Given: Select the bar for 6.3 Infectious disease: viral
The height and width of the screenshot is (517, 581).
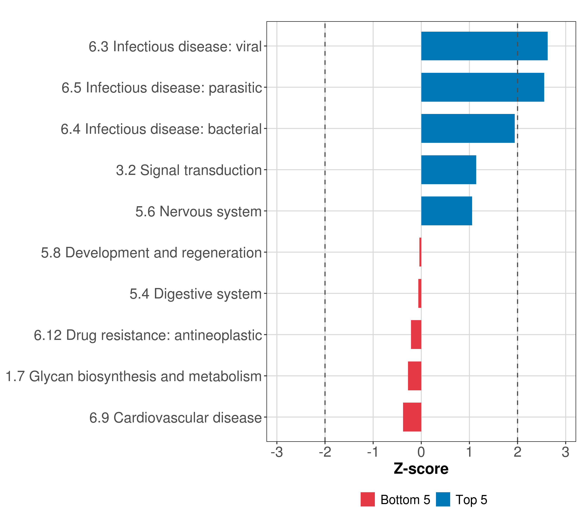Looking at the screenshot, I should click(x=484, y=46).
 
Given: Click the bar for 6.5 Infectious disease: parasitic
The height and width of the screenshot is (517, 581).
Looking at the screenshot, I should click(x=482, y=87).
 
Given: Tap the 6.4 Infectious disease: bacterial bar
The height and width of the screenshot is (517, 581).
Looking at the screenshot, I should click(x=468, y=128).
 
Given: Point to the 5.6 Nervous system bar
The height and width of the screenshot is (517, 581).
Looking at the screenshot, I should click(x=447, y=211).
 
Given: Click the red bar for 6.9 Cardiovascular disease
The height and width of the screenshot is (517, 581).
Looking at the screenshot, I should click(x=412, y=417).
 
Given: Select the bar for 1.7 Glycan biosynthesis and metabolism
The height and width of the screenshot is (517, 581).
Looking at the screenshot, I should click(x=414, y=376).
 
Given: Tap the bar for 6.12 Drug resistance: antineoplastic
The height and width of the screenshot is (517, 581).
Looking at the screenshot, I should click(x=416, y=334).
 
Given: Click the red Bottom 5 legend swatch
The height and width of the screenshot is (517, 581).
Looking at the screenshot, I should click(x=368, y=499).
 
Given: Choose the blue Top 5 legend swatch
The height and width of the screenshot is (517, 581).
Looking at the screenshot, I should click(x=443, y=499).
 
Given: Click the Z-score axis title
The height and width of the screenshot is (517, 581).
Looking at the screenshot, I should click(x=421, y=469).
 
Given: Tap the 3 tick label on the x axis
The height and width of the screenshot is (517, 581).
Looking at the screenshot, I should click(x=565, y=452).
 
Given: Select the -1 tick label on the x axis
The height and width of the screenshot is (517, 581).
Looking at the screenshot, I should click(x=373, y=452).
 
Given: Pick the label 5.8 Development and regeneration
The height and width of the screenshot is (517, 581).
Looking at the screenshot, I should click(x=151, y=252).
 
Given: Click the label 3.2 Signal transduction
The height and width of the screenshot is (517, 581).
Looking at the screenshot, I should click(x=189, y=170).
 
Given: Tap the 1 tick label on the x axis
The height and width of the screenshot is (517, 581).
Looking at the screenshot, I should click(x=469, y=452).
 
